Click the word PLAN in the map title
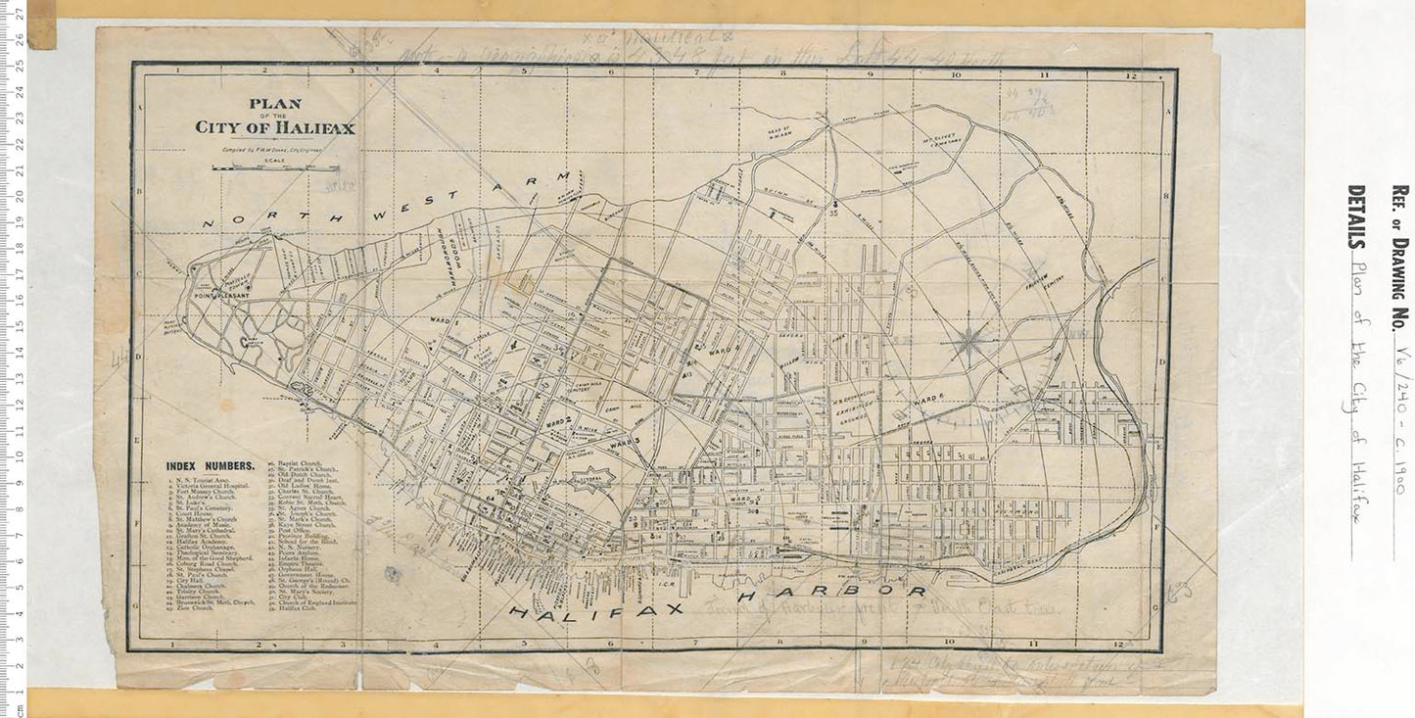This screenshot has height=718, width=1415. pyautogui.click(x=274, y=103)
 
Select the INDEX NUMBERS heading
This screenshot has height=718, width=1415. pyautogui.click(x=211, y=466)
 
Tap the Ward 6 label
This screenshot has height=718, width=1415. pyautogui.click(x=926, y=400)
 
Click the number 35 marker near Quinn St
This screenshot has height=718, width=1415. pyautogui.click(x=834, y=211)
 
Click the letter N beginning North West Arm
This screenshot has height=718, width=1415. pyautogui.click(x=209, y=223)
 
